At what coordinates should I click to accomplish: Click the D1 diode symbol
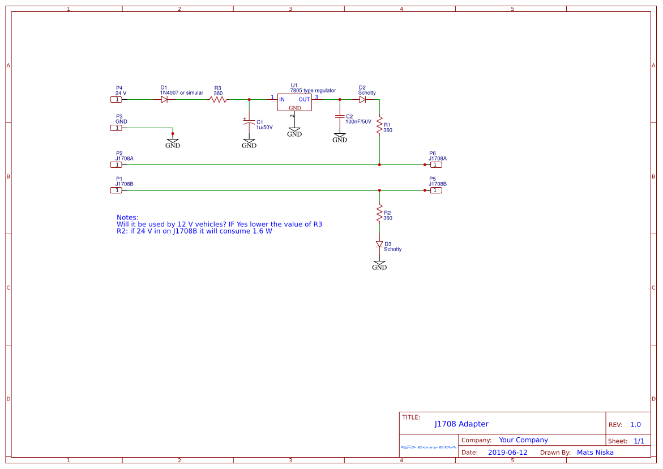click(164, 99)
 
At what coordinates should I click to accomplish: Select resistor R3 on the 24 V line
click(218, 99)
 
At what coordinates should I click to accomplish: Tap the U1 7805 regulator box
click(294, 102)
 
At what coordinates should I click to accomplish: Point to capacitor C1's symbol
click(249, 122)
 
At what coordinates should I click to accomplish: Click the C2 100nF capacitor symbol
click(340, 116)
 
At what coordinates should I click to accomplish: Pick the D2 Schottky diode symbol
click(362, 99)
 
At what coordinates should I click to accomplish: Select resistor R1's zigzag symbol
click(379, 127)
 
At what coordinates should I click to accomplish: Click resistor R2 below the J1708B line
click(379, 214)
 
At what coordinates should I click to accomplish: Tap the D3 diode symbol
click(379, 244)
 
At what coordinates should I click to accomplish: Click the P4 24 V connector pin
click(116, 99)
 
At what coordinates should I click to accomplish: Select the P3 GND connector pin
click(116, 128)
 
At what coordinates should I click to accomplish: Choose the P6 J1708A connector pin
click(436, 164)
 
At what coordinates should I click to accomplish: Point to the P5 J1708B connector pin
click(436, 190)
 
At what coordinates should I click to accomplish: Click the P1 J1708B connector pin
click(116, 190)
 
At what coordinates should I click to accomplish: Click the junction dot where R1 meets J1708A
click(379, 164)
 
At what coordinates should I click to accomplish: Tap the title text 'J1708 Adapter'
click(461, 424)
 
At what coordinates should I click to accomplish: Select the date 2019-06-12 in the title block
click(507, 453)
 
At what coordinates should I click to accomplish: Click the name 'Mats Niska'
click(595, 453)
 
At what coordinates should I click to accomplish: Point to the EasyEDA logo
click(429, 447)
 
